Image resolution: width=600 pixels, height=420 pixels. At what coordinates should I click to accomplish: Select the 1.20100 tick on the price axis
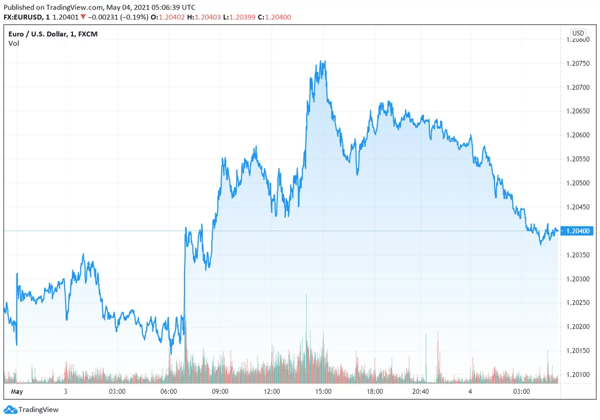(x=578, y=374)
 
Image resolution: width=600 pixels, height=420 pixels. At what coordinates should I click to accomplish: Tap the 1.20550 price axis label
(x=578, y=159)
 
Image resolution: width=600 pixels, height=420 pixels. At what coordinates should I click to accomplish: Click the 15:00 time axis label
(x=323, y=391)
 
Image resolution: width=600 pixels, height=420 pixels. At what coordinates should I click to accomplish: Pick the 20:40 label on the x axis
(x=421, y=391)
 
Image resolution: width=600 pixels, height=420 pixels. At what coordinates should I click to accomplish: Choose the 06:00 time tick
(x=168, y=391)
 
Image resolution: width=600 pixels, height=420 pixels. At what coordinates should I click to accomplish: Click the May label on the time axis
(x=17, y=391)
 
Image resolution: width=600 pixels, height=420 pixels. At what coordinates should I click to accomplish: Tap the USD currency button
(x=577, y=33)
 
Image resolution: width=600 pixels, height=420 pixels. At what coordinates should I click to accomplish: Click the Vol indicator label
(x=13, y=43)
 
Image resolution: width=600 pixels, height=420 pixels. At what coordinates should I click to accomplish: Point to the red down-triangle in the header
(x=83, y=17)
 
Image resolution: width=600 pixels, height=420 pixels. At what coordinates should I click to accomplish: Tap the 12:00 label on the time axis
(x=271, y=391)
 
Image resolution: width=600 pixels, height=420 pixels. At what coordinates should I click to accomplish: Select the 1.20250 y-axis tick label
(x=578, y=302)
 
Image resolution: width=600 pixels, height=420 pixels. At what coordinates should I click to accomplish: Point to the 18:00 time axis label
(x=374, y=391)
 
